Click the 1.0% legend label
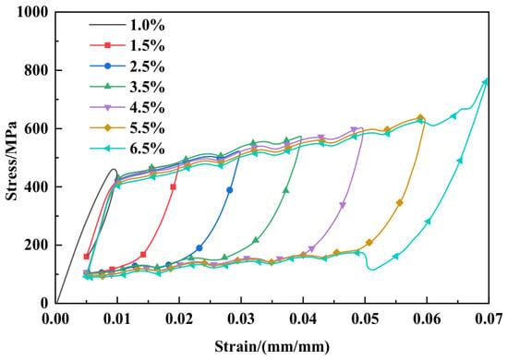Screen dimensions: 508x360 point(148,25)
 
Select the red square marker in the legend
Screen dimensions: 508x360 point(107,45)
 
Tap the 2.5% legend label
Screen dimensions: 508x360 point(148,66)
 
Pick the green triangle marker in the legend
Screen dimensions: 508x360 point(107,87)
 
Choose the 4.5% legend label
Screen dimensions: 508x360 point(148,107)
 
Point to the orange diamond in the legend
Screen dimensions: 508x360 point(107,128)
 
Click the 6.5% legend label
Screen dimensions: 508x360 point(148,149)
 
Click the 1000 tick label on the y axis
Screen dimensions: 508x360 point(32,12)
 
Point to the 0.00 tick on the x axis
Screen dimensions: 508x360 point(55,318)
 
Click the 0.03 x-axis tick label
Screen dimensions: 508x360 point(241,318)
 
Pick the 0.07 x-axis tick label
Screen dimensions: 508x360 point(489,318)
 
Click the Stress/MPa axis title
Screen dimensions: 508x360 point(12,161)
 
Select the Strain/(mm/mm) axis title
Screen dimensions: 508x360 point(272,347)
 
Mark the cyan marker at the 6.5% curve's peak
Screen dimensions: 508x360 point(485,81)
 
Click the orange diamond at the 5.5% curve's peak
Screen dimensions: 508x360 point(420,118)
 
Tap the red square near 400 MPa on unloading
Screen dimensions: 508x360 point(173,186)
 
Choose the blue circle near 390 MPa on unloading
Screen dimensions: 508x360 point(230,190)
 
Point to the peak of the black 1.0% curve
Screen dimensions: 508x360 point(114,169)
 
